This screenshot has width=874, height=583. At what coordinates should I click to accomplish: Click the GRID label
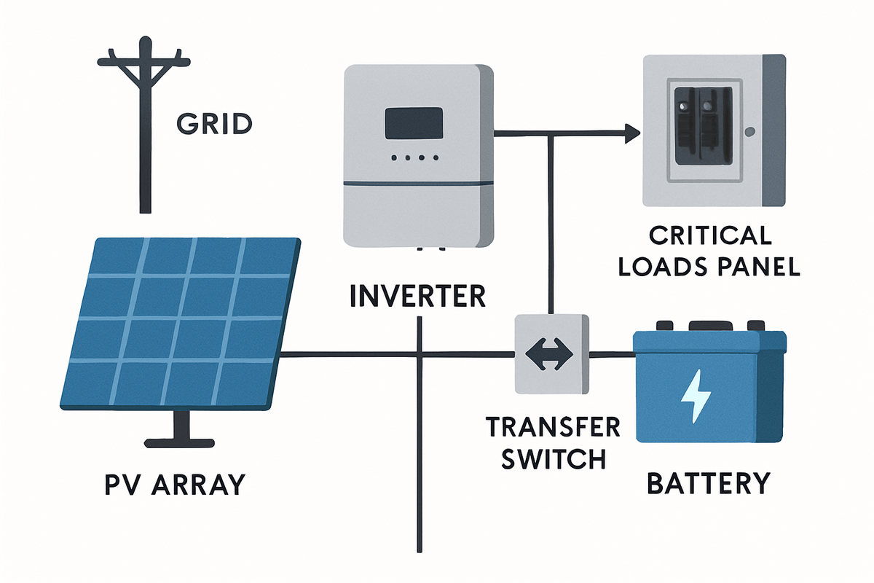click(214, 125)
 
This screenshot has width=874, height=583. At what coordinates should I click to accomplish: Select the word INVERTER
click(417, 296)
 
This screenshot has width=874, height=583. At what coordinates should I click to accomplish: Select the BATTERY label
click(708, 483)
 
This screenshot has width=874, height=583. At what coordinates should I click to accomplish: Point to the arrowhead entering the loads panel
click(631, 133)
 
